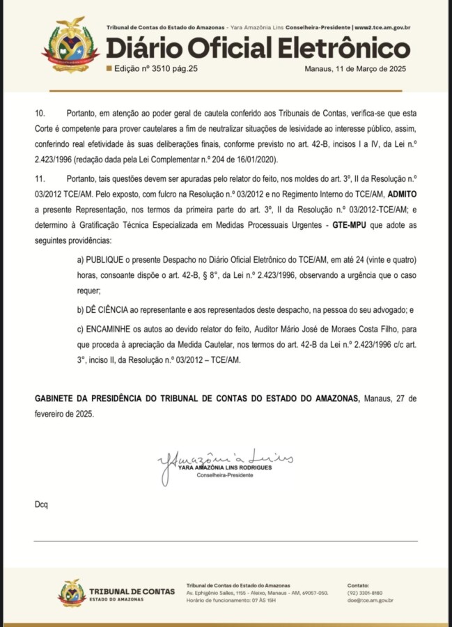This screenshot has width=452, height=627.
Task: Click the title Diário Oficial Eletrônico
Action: [258, 49]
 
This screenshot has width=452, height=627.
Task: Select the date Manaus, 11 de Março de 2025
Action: [355, 69]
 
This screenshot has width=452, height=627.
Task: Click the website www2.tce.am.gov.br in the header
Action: [382, 28]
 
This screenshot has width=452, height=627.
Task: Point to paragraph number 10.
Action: [40, 112]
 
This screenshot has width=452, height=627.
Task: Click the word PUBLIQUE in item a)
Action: [109, 259]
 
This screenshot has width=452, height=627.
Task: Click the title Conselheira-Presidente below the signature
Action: [224, 474]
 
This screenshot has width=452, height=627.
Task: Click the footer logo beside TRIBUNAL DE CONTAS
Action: [72, 593]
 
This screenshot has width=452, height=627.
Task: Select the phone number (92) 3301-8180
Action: [365, 593]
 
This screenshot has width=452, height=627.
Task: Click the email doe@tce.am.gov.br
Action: [371, 601]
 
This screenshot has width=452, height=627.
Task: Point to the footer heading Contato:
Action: [359, 585]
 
